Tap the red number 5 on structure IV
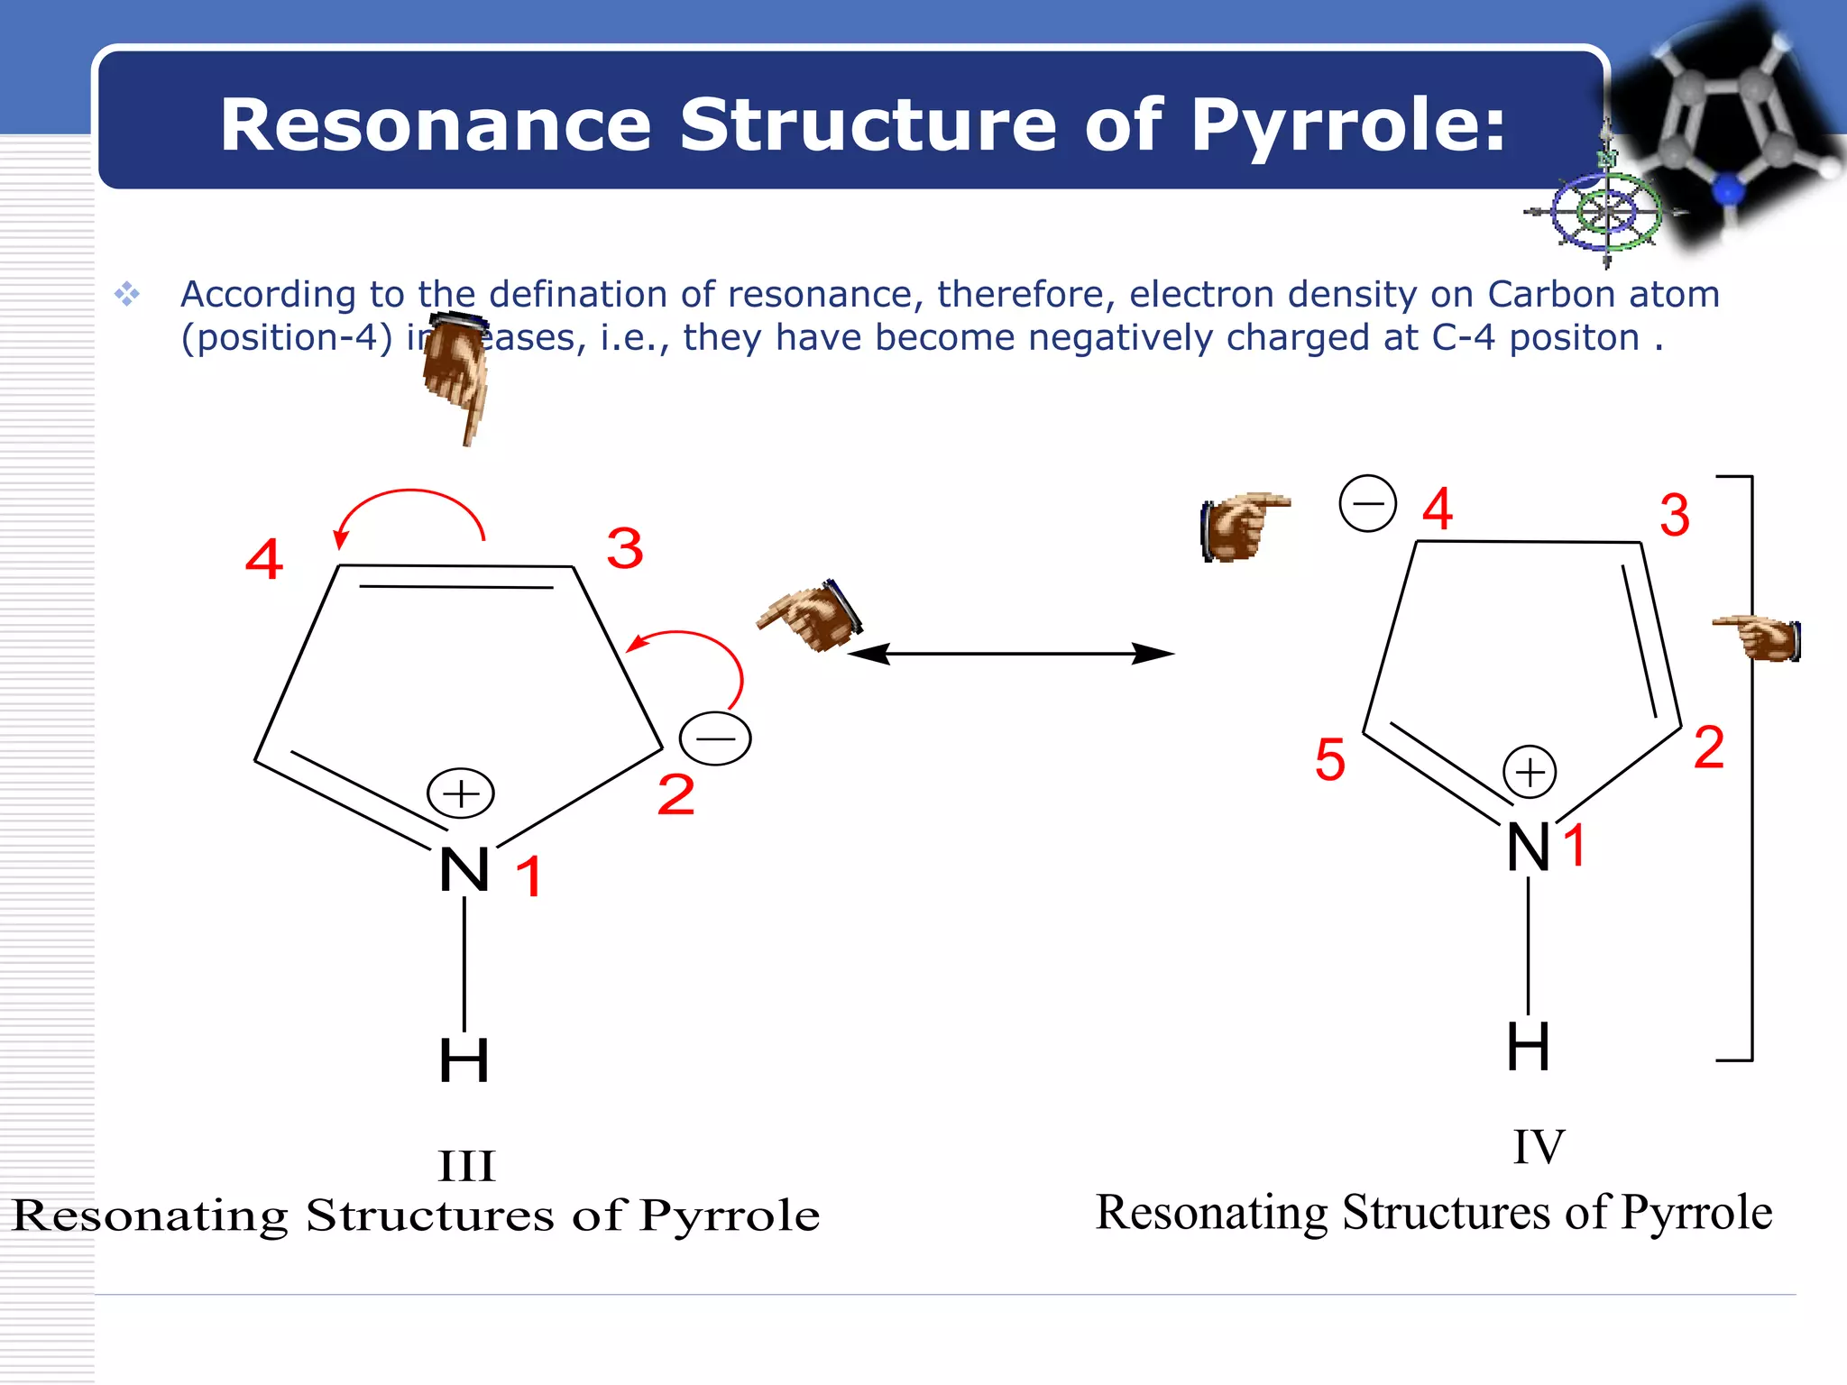(x=1330, y=758)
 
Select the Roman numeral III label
(x=466, y=1166)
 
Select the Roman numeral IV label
(x=1539, y=1147)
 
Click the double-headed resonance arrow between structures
(x=1010, y=654)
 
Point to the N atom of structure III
(x=464, y=870)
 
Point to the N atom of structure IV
(x=1529, y=848)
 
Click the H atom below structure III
(x=464, y=1060)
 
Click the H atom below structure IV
(x=1529, y=1047)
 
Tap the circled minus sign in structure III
(x=715, y=738)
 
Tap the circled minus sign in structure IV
(x=1367, y=503)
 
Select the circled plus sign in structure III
(x=461, y=793)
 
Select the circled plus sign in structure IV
(x=1530, y=772)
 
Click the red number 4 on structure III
(x=264, y=559)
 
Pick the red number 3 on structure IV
(x=1675, y=515)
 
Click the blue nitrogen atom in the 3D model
(x=1728, y=190)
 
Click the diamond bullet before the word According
(x=127, y=294)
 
